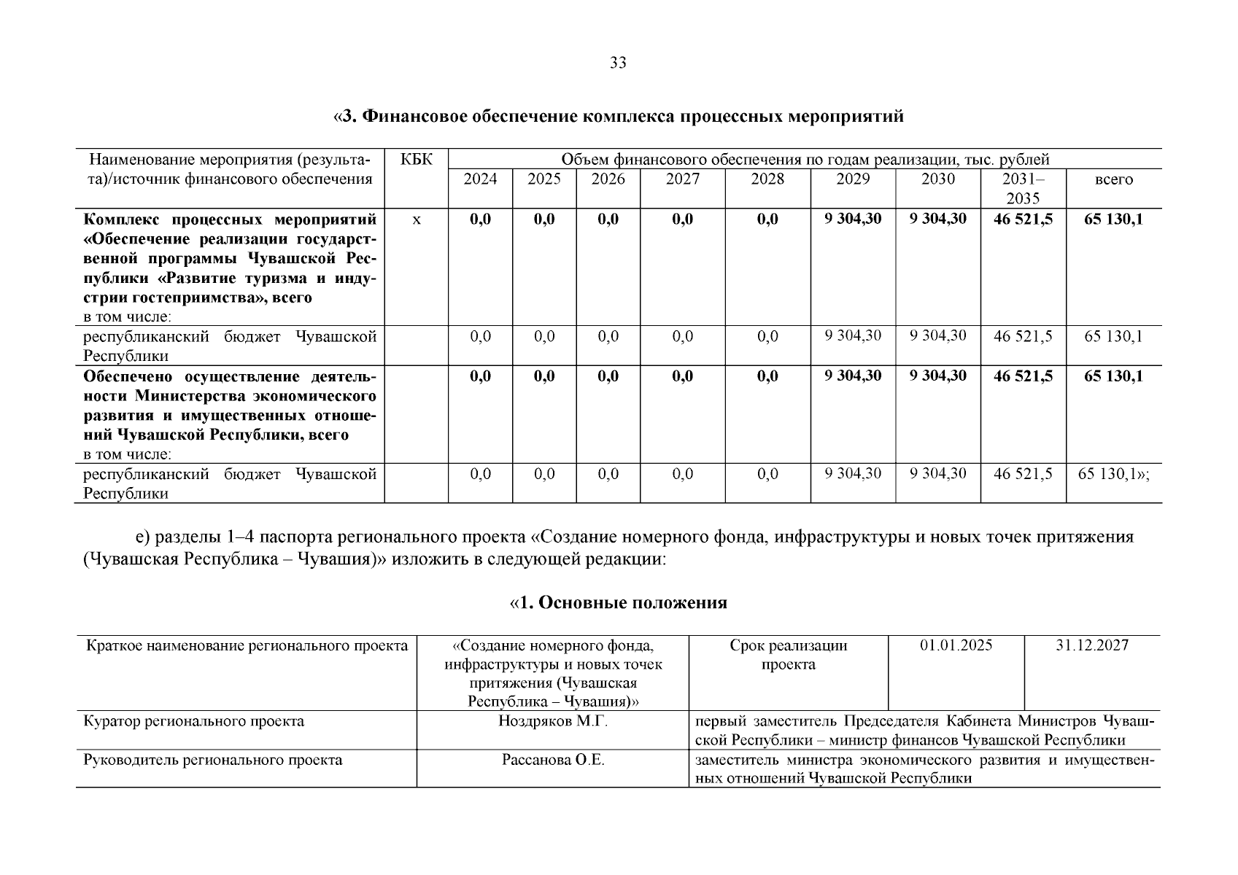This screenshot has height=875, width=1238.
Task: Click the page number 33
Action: click(618, 63)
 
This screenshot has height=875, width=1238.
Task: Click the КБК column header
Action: click(416, 160)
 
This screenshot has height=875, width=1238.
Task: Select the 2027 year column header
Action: click(682, 179)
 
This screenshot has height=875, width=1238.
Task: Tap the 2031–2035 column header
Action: click(1023, 188)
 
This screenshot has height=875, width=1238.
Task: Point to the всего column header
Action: click(1113, 179)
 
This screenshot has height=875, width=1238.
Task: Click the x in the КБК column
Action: click(416, 219)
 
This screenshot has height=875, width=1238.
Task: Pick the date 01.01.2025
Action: click(956, 645)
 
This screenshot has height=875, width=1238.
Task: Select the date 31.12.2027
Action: click(1092, 645)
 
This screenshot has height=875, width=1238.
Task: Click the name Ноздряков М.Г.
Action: click(553, 721)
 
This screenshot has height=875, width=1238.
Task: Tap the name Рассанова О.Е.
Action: click(553, 760)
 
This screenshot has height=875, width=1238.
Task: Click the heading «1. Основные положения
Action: click(618, 603)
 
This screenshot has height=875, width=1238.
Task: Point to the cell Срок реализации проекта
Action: click(788, 655)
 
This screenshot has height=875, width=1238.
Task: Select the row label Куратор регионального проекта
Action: click(194, 721)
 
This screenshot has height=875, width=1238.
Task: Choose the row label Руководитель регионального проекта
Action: click(213, 760)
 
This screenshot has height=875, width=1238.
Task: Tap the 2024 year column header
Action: click(480, 179)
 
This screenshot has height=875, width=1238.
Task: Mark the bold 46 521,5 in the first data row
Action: click(1023, 219)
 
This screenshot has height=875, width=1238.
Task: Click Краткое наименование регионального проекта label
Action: click(247, 645)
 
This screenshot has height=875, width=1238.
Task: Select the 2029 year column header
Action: click(853, 179)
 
